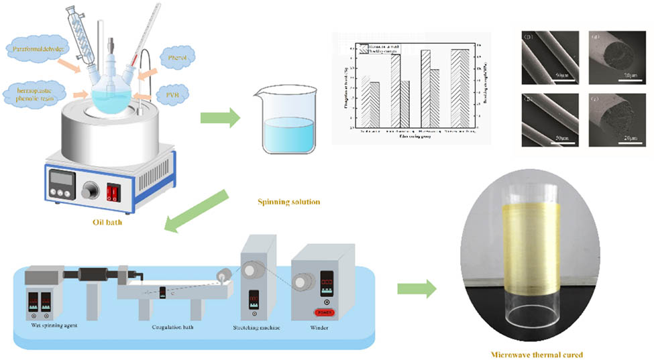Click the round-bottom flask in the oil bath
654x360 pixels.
pos(108,97)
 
